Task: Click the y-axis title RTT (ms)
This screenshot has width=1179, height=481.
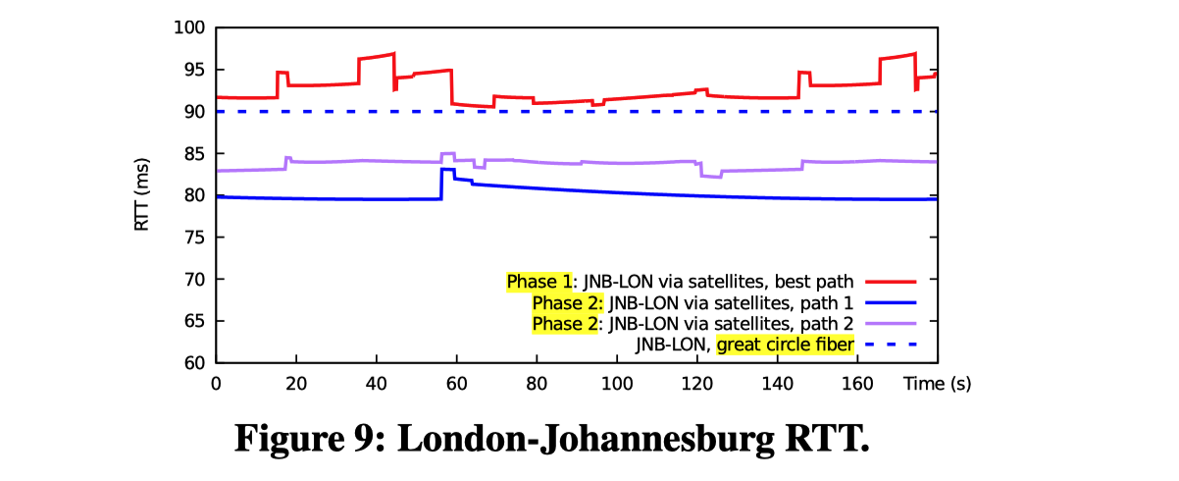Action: click(x=143, y=194)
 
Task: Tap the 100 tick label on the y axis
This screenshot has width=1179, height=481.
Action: click(x=188, y=27)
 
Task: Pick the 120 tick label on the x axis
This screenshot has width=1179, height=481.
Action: click(x=696, y=382)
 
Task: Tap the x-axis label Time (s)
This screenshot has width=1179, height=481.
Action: click(x=938, y=382)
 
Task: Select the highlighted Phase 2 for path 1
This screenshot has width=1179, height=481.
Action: click(x=565, y=301)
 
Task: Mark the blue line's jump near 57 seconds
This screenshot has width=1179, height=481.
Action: click(x=441, y=184)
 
